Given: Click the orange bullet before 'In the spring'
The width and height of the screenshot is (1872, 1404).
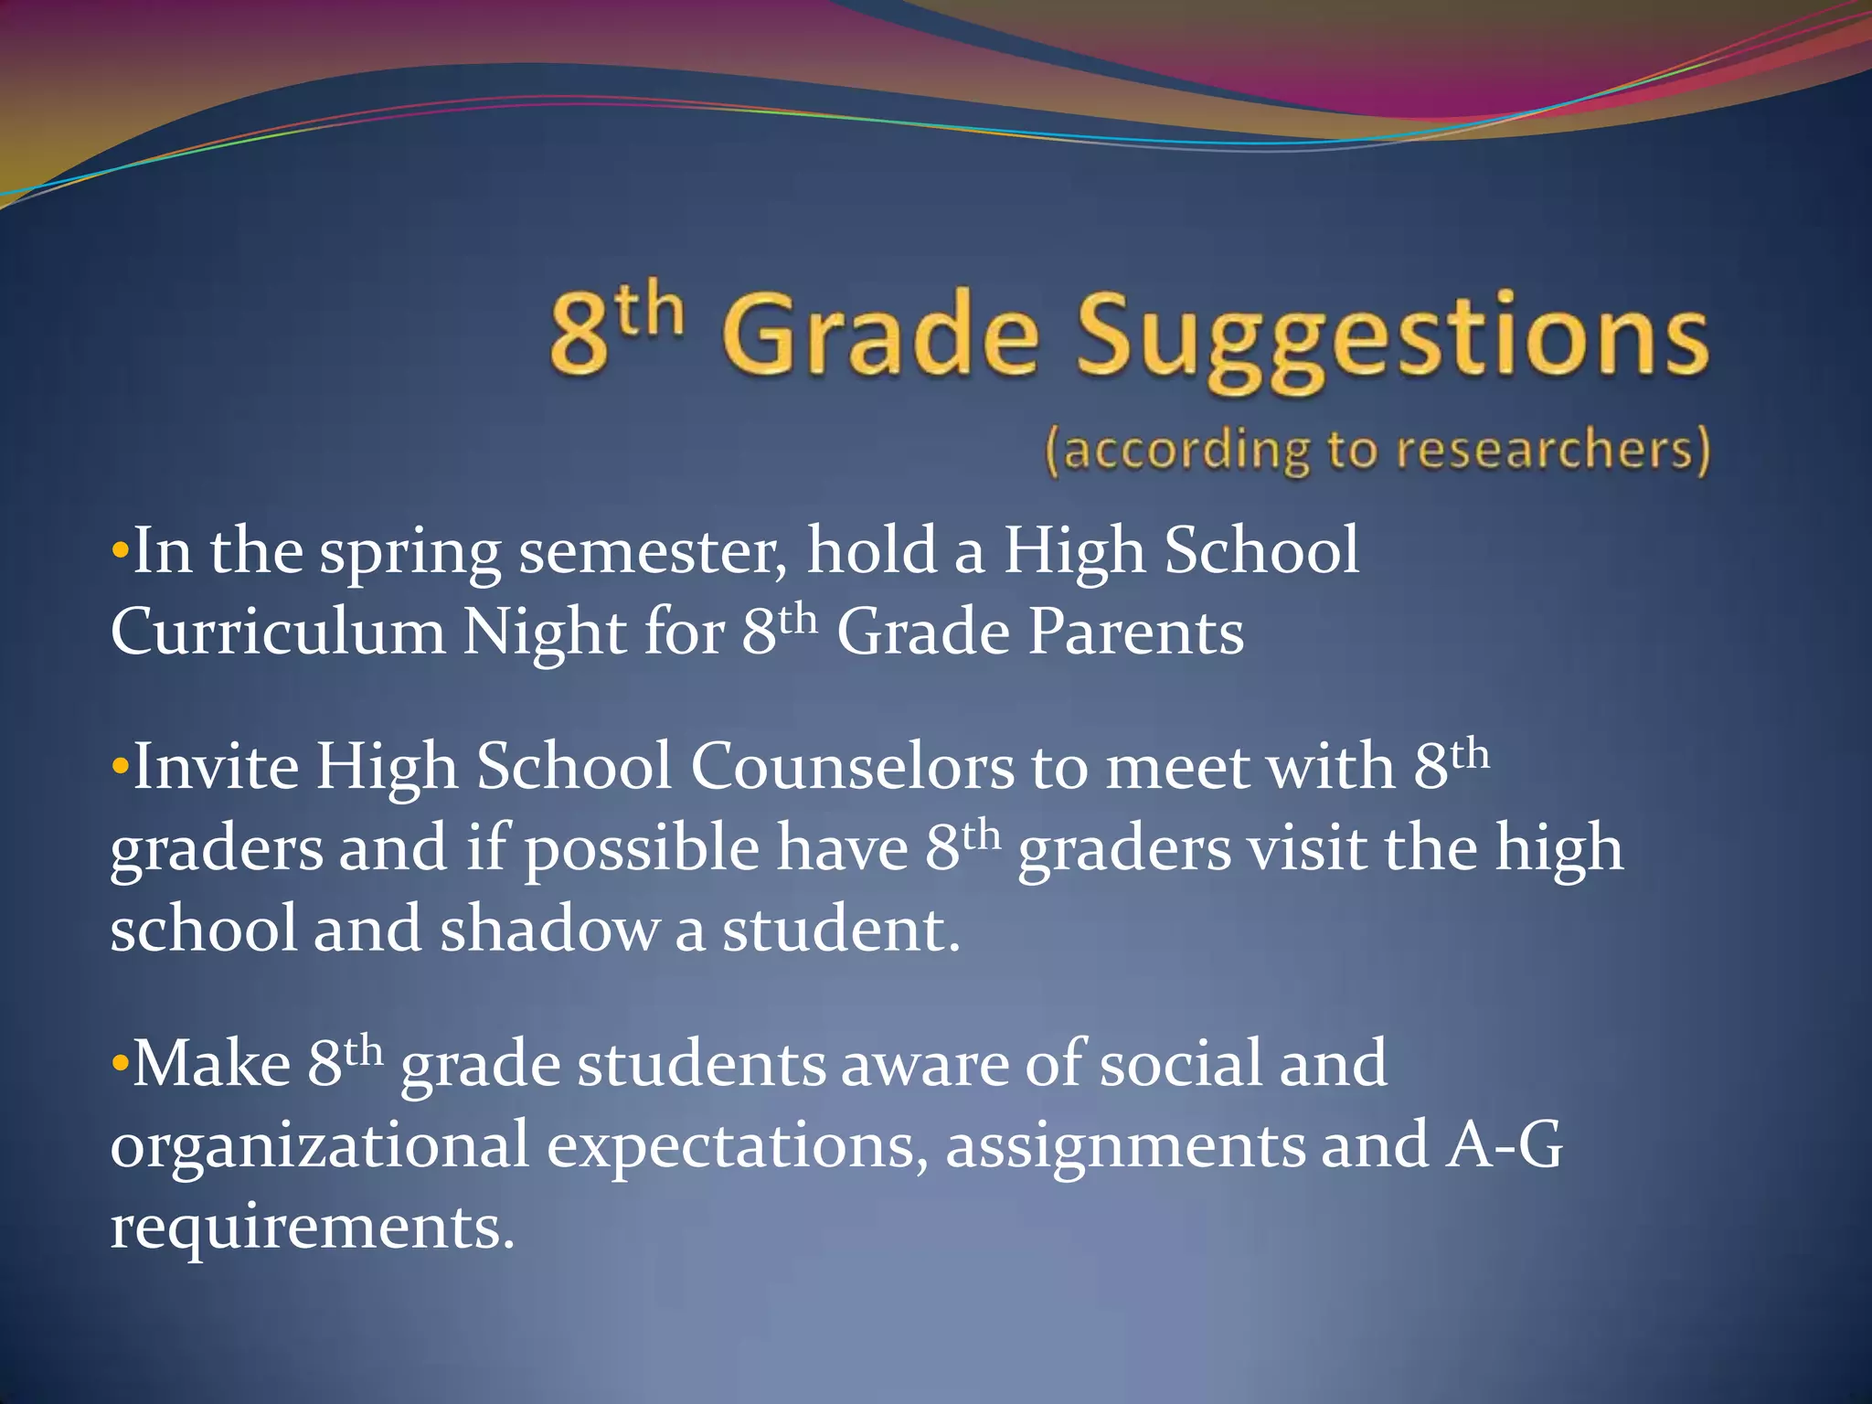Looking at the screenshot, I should click(120, 552).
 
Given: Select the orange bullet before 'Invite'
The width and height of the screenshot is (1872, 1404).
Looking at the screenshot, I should click(120, 767).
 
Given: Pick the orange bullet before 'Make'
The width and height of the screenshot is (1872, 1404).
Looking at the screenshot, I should click(120, 1065).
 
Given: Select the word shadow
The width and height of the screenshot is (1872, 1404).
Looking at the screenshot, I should click(548, 930).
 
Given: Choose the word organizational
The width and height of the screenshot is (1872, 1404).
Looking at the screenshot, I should click(319, 1145).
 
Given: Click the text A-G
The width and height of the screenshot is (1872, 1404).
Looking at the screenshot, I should click(1504, 1145).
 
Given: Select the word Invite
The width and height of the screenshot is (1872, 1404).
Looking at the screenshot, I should click(216, 766).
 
